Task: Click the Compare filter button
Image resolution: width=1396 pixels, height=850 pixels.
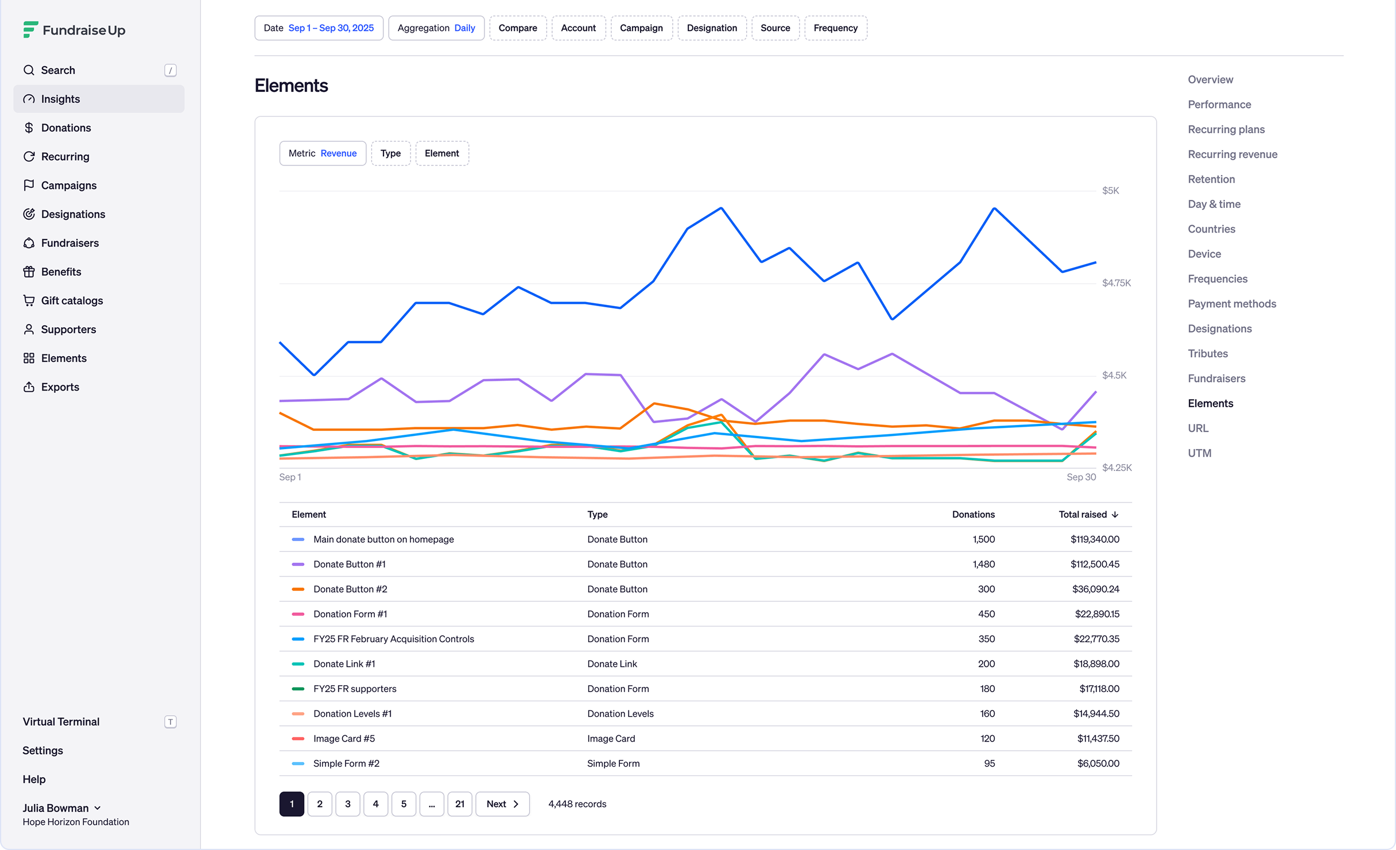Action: (x=518, y=28)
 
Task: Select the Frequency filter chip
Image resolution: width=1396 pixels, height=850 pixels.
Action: (x=835, y=28)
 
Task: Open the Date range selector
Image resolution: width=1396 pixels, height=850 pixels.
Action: (x=319, y=28)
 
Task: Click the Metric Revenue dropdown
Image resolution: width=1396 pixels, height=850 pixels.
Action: (x=323, y=153)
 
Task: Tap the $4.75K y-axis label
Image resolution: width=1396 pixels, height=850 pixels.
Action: (x=1116, y=283)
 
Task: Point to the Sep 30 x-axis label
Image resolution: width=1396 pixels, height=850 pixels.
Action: (x=1081, y=477)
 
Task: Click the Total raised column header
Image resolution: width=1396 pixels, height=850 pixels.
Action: (x=1088, y=515)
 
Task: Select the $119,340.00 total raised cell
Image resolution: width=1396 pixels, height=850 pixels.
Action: (x=1095, y=539)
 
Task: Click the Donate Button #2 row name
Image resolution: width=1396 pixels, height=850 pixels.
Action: (x=350, y=589)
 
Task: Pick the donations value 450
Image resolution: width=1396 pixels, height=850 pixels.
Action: (x=986, y=614)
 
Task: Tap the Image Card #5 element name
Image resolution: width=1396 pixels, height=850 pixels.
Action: (x=344, y=739)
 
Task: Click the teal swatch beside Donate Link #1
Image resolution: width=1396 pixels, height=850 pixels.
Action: (x=298, y=664)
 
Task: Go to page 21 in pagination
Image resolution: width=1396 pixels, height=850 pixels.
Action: (x=460, y=804)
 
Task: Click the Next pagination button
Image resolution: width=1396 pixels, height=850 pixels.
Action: (x=502, y=804)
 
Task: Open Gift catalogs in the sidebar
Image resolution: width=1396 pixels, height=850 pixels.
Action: (x=72, y=300)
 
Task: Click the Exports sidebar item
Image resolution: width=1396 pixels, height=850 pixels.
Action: (x=60, y=387)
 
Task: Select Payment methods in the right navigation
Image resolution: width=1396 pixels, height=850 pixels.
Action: (x=1232, y=304)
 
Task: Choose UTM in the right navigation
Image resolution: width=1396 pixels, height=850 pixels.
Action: (x=1199, y=453)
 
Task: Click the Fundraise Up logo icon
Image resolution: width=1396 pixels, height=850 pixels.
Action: (x=30, y=29)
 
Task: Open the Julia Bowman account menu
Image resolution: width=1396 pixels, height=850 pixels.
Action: (x=62, y=808)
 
